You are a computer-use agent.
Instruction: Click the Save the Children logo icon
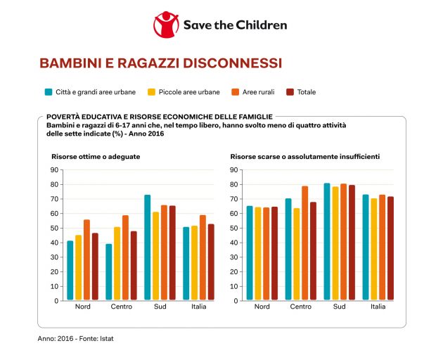coord(166,25)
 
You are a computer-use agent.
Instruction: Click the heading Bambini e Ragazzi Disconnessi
coord(160,63)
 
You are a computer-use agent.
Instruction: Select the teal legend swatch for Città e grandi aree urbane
coord(49,92)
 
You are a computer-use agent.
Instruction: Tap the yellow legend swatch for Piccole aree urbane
coord(150,92)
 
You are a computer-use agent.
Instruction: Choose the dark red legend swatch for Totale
coord(290,92)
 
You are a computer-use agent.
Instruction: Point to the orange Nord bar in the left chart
coord(86,260)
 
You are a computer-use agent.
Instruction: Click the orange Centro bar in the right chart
coord(305,243)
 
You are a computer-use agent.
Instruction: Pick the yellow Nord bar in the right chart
coord(257,254)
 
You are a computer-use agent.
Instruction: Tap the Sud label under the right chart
coord(340,307)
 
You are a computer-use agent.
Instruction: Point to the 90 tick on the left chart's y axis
coord(55,169)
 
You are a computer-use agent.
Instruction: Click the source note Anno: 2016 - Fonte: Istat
coord(76,338)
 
